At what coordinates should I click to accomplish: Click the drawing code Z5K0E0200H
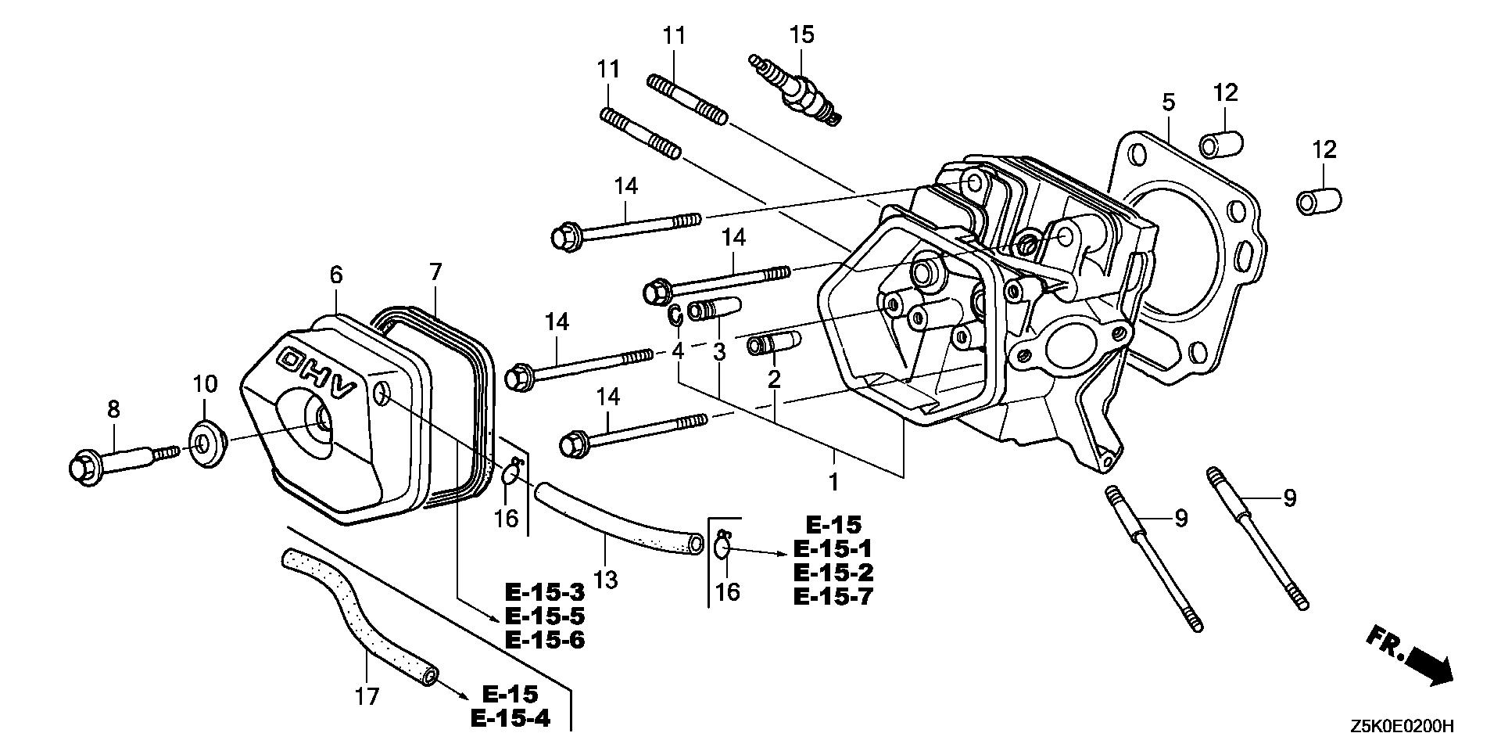(x=1401, y=726)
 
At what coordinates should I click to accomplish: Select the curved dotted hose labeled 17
(x=359, y=617)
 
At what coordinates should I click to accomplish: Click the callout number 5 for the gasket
(x=1168, y=102)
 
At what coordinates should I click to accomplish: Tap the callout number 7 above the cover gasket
(x=435, y=272)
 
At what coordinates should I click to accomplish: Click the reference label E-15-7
(x=833, y=596)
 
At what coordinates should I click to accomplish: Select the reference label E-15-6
(x=545, y=640)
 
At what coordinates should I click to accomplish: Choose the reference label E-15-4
(x=510, y=718)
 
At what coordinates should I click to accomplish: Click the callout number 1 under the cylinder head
(x=834, y=481)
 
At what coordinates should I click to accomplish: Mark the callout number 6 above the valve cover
(x=336, y=275)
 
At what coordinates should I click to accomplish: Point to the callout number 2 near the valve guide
(x=774, y=380)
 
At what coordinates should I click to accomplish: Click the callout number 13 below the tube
(x=606, y=580)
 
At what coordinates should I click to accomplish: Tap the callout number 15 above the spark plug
(x=801, y=34)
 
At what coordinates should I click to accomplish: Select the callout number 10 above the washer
(x=205, y=384)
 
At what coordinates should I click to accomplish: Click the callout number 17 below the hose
(x=367, y=695)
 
